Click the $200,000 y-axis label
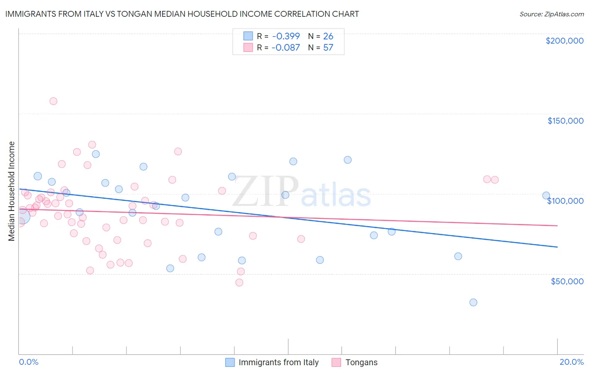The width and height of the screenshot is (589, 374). [x=564, y=41]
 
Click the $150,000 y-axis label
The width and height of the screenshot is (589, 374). [x=565, y=121]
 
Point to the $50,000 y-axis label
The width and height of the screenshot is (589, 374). [x=567, y=281]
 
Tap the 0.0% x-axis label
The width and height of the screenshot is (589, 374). [x=28, y=362]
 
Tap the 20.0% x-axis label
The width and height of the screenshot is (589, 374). [x=571, y=362]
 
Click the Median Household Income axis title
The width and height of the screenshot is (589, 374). [x=12, y=191]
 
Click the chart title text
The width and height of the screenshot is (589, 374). [x=182, y=14]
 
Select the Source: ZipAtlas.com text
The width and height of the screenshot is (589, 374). [x=551, y=14]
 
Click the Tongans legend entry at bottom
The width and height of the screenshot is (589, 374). [x=361, y=362]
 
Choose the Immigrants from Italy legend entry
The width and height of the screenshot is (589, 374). [x=279, y=362]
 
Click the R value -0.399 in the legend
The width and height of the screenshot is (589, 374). [x=286, y=36]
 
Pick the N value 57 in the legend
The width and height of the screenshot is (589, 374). [x=328, y=47]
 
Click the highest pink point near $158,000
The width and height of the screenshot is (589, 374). [x=53, y=101]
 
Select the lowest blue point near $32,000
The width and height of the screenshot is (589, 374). [x=473, y=302]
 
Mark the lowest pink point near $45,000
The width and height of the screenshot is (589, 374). [x=239, y=283]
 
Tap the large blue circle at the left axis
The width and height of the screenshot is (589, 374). [x=22, y=216]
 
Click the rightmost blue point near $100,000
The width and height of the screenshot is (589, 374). [x=546, y=195]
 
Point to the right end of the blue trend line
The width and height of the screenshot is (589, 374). [x=557, y=247]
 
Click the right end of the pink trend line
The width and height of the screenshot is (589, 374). [x=557, y=226]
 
